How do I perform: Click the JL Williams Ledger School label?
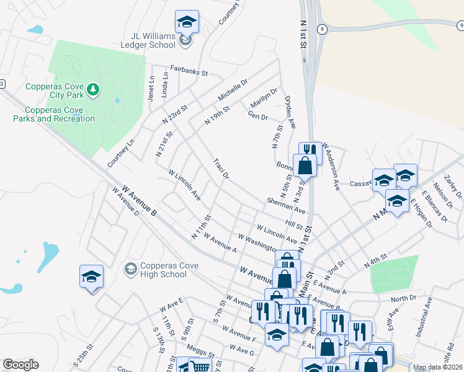[145, 40]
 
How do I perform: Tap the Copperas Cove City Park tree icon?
[93, 90]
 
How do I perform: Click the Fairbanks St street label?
[189, 71]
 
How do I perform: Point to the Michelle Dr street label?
[233, 90]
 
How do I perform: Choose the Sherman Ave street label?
[286, 206]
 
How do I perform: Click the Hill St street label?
[293, 222]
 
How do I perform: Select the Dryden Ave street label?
[289, 110]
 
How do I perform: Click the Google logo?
[21, 365]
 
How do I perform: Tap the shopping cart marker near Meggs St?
[200, 366]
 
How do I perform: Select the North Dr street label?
[403, 298]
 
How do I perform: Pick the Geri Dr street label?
[257, 116]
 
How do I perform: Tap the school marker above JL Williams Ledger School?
[187, 22]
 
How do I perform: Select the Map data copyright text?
[437, 367]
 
